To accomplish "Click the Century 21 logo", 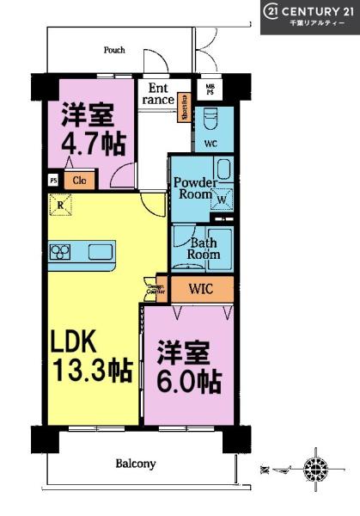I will pyautogui.click(x=309, y=16).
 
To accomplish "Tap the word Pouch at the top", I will pyautogui.click(x=114, y=50).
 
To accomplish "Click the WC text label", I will pyautogui.click(x=209, y=142).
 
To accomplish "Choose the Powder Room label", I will pyautogui.click(x=193, y=187).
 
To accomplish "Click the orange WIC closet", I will pyautogui.click(x=199, y=289).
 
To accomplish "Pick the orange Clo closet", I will pyautogui.click(x=79, y=181).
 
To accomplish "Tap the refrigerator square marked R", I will pyautogui.click(x=60, y=204).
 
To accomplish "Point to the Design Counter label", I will pyautogui.click(x=156, y=291).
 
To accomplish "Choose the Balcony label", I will pyautogui.click(x=136, y=464).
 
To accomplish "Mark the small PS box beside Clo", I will pyautogui.click(x=53, y=181).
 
